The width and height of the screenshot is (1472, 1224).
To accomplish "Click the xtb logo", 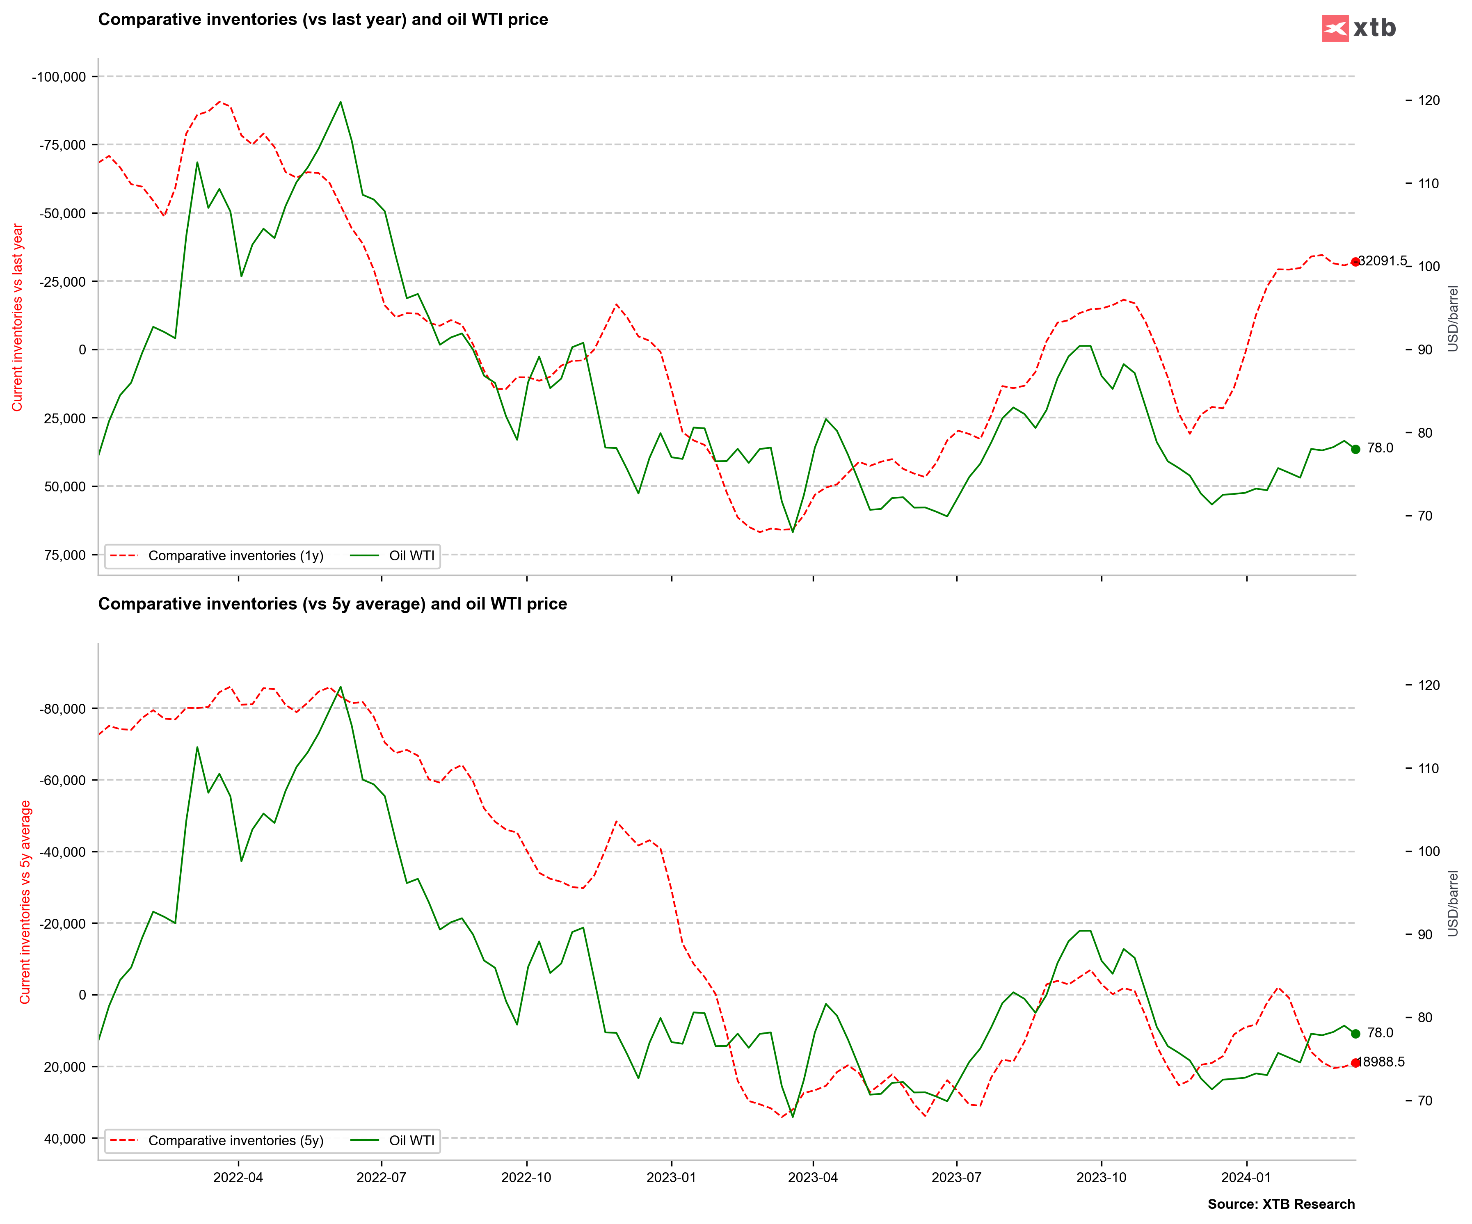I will [x=1358, y=28].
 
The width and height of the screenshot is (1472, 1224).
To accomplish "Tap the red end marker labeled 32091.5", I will [x=1355, y=261].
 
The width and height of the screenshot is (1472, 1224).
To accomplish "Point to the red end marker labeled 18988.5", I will [x=1355, y=1063].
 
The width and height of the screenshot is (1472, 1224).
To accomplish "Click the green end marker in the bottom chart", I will [x=1355, y=1033].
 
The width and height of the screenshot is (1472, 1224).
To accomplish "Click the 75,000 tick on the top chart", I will [x=65, y=555].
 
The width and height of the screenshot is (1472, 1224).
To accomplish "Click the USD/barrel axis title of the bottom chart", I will [x=1453, y=903].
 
